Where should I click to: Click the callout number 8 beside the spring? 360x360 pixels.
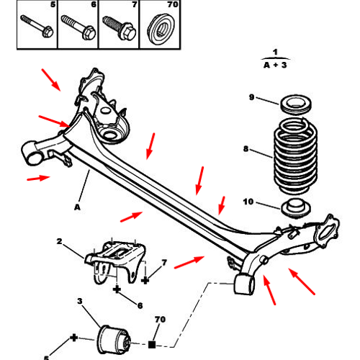[246, 150]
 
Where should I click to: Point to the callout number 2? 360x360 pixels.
[60, 242]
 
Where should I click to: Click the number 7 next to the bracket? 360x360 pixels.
[164, 264]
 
